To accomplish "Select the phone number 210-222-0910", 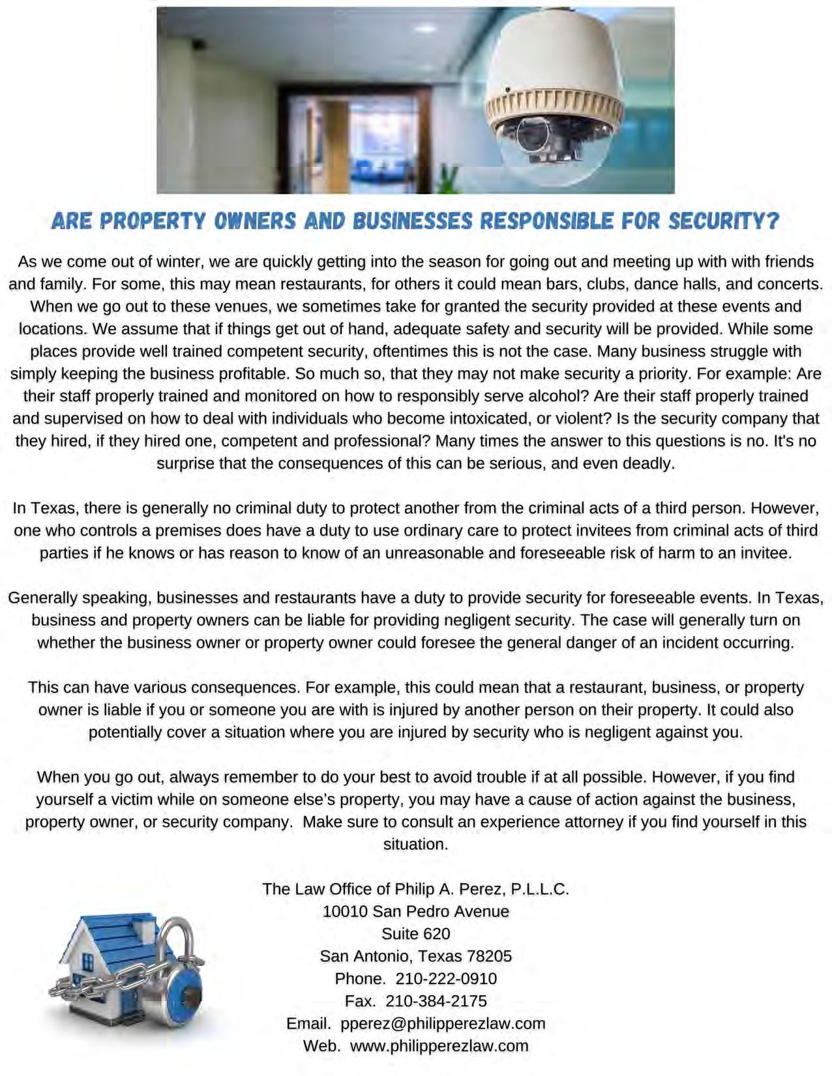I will tap(446, 978).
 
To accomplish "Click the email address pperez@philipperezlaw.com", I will tap(443, 1023).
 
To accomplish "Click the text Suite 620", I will tap(416, 933).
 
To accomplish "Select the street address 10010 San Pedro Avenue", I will tap(416, 911).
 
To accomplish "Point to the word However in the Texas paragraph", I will tap(788, 508).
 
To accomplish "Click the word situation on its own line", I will tap(416, 844).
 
